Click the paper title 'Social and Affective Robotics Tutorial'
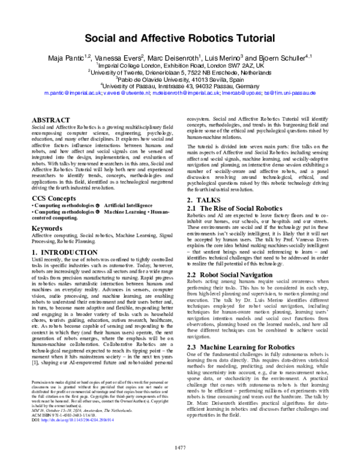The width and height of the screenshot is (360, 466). (180, 38)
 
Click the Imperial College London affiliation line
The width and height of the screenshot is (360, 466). (180, 64)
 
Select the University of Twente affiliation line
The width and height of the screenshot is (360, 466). (180, 71)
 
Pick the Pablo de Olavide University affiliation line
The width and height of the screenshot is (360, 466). (180, 79)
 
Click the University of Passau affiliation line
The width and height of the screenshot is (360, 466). (180, 86)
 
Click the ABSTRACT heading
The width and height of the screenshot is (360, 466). (52, 120)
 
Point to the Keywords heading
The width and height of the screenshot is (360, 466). (49, 228)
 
